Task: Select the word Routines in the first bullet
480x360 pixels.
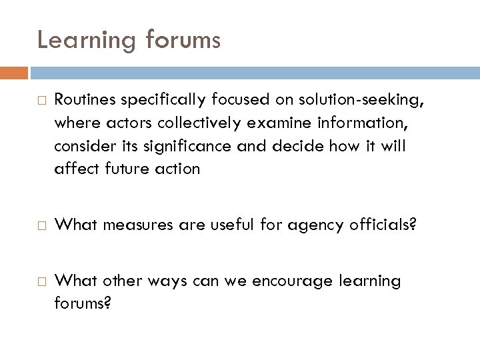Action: tap(83, 100)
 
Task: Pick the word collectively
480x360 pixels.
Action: tap(186, 123)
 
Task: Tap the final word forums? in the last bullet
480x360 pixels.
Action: tap(83, 303)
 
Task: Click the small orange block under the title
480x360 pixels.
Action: tap(14, 73)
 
